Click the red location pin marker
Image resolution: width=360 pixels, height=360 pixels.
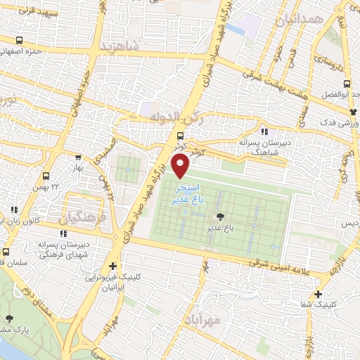(x=181, y=166)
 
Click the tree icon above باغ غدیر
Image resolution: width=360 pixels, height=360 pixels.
(x=220, y=217)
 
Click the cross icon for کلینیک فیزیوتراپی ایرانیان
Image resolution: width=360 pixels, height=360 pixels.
(x=113, y=266)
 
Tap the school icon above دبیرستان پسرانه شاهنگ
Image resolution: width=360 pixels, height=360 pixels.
(x=264, y=131)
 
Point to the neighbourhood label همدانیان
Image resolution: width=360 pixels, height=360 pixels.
(x=299, y=20)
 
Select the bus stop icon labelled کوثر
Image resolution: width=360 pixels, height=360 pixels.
(x=181, y=136)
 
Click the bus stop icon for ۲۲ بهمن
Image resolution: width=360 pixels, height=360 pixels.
(x=46, y=176)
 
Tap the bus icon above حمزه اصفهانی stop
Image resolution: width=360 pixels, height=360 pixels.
(x=19, y=41)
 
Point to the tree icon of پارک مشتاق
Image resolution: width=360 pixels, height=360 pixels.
(x=10, y=319)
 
